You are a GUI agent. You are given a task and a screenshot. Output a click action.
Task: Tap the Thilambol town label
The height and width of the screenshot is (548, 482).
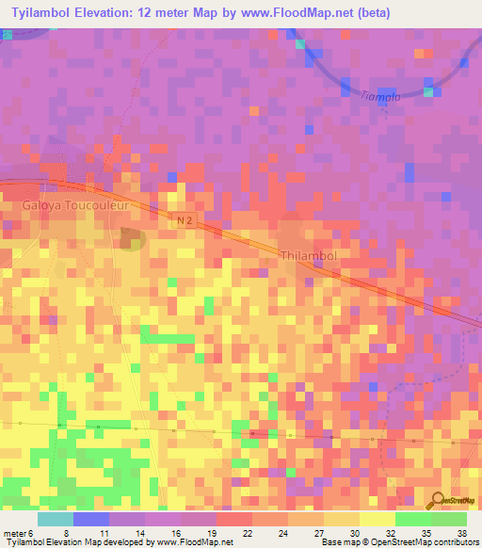[308, 254]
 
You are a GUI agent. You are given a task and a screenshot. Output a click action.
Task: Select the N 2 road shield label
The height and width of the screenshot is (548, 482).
[186, 219]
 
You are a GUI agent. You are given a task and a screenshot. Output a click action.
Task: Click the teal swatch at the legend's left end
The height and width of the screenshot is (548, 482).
[56, 519]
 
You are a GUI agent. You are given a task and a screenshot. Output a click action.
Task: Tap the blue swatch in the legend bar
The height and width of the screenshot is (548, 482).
[91, 519]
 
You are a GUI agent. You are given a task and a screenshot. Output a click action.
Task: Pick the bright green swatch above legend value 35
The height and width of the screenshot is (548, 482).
[412, 519]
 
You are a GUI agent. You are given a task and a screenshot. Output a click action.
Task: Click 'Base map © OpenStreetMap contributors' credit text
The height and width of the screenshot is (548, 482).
[399, 542]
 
